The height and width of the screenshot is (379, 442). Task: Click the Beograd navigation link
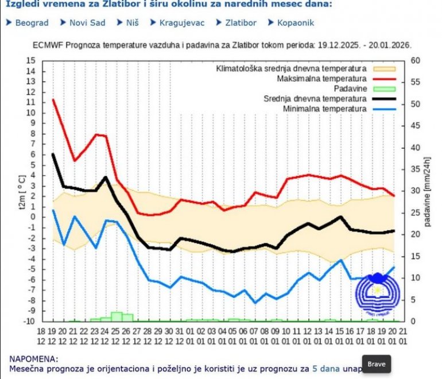point(32,23)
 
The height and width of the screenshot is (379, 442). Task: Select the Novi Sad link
point(87,23)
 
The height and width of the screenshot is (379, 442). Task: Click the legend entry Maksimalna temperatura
point(321,78)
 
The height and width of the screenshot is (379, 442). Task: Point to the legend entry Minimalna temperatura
point(325,109)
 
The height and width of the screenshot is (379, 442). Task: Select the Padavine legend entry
point(348,88)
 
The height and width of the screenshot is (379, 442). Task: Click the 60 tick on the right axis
point(416,60)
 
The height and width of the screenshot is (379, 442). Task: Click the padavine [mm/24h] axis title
point(428,190)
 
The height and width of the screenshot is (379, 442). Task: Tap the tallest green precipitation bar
point(117,316)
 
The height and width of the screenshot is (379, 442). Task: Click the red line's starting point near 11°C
point(53,100)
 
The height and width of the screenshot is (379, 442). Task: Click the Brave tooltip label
point(377,364)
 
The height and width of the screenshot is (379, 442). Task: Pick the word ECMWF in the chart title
point(44,44)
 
